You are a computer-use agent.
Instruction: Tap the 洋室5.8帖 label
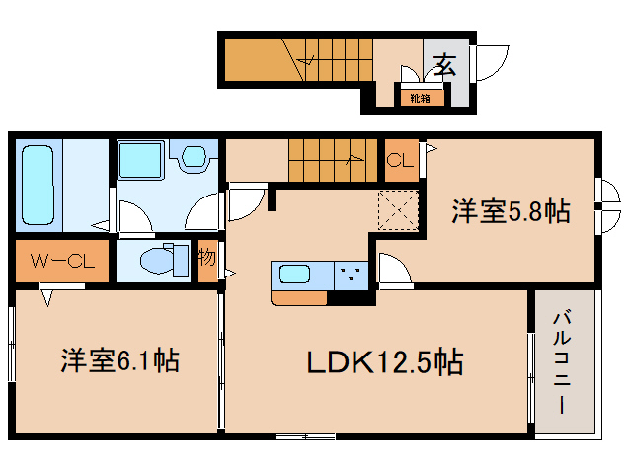(x=511, y=211)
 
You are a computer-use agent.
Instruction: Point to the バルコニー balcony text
(x=564, y=362)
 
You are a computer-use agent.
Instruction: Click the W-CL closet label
(x=61, y=262)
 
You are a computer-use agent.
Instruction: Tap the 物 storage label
(x=207, y=261)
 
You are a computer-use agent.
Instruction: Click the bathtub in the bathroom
(x=39, y=185)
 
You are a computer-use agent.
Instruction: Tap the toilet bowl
(x=158, y=261)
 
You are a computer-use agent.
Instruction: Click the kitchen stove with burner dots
(x=351, y=274)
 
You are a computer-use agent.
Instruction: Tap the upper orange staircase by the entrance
(x=296, y=60)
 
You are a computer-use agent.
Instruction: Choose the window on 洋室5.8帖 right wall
(x=605, y=206)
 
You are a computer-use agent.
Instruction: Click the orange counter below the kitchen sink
(x=298, y=296)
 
